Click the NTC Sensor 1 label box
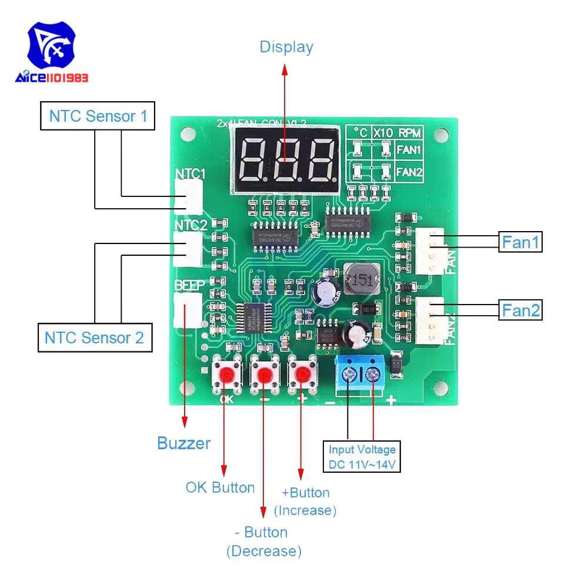coord(98,116)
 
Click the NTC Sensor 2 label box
coord(93,338)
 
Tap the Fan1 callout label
coord(520,242)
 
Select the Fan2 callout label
coord(520,310)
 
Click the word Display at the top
coord(286,47)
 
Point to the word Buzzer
coord(183,443)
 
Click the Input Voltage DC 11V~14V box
coord(362,457)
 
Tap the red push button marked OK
coord(226,374)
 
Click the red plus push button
coord(302,374)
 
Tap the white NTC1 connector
coord(188,196)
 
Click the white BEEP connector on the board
coord(187,309)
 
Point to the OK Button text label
coord(220,487)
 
